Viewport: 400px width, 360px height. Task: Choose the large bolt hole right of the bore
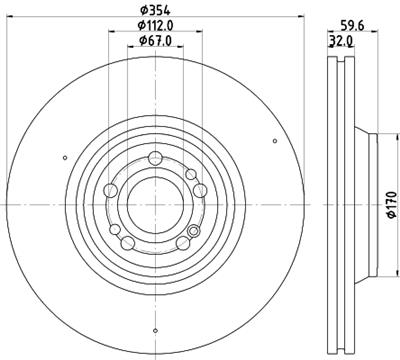199,190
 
